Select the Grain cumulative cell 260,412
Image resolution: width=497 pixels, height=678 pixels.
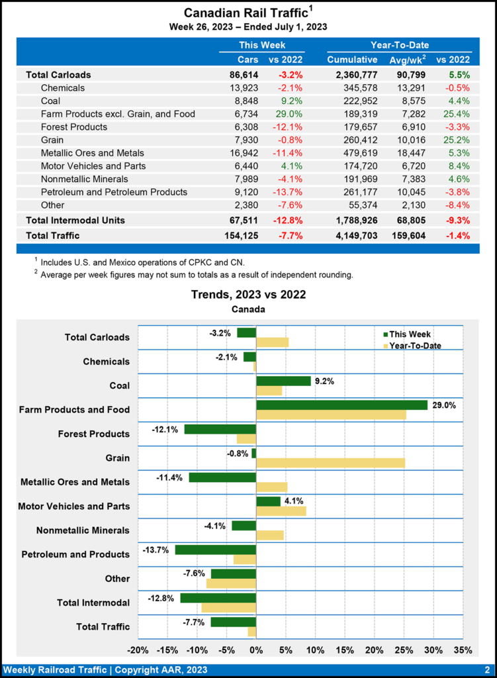click(x=353, y=140)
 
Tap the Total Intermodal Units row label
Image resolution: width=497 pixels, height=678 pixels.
click(x=75, y=220)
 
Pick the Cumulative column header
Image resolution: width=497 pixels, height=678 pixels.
click(x=352, y=60)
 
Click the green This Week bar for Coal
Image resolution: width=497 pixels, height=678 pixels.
click(x=283, y=381)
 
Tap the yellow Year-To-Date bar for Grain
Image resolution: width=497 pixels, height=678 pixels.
click(x=330, y=463)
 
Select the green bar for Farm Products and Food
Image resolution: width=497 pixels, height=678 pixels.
click(x=341, y=405)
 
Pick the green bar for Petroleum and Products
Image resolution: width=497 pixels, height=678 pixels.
click(x=215, y=550)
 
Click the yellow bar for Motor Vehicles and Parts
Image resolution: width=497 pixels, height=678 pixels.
click(x=281, y=511)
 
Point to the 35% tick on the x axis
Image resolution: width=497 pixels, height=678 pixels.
click(x=463, y=649)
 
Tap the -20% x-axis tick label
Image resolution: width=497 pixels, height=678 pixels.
click(x=138, y=649)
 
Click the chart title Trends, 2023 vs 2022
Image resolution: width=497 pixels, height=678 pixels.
click(x=248, y=295)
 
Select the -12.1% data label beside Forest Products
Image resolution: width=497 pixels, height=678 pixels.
click(x=165, y=429)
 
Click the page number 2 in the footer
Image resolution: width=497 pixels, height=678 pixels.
click(x=486, y=669)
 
